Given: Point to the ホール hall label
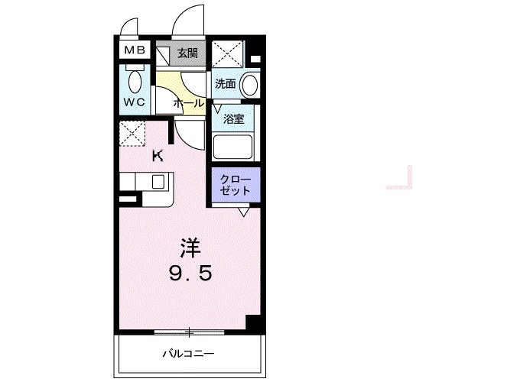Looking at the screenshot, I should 188,102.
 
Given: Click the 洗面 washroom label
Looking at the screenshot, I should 225,83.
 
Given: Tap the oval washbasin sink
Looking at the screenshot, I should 248,85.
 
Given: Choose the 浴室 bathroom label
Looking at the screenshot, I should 233,118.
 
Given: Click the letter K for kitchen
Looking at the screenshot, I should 158,157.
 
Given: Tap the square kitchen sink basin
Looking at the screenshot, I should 159,182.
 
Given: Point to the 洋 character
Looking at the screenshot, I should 190,248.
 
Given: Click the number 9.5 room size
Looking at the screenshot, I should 190,273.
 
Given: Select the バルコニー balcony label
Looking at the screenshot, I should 188,354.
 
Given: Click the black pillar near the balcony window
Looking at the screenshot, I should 254,322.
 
